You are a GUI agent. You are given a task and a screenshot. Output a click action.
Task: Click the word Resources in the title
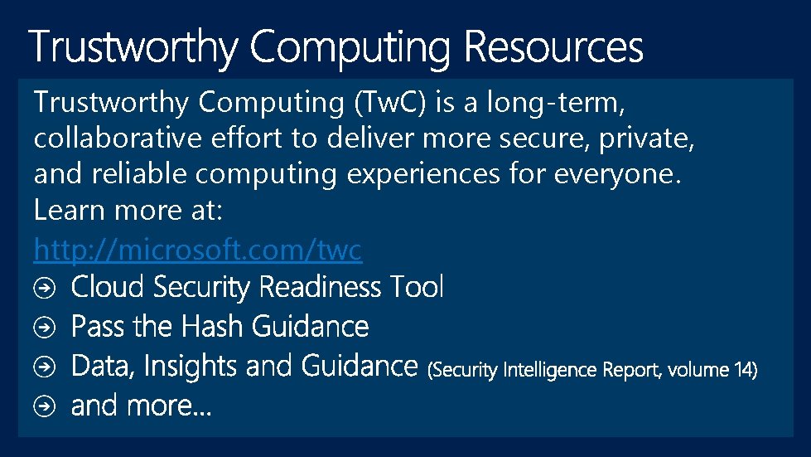[x=553, y=47]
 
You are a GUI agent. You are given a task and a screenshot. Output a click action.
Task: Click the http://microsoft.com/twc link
[x=198, y=249]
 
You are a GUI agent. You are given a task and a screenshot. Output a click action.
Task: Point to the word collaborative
[x=117, y=139]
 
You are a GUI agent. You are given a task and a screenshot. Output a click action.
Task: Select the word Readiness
[x=321, y=287]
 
